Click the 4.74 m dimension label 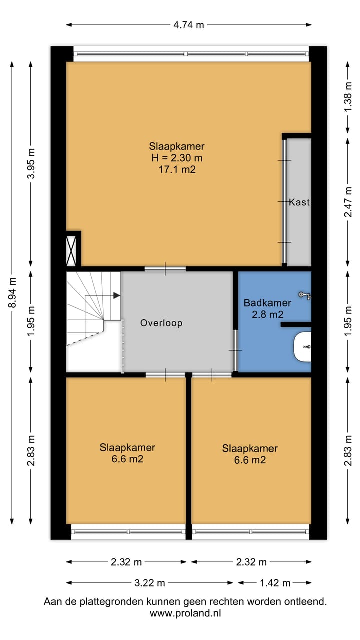click(x=189, y=25)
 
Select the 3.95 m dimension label click(x=31, y=163)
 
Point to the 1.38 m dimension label click(x=348, y=97)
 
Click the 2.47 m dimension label click(x=348, y=202)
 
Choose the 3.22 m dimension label click(x=150, y=583)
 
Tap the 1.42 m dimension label click(x=275, y=583)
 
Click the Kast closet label click(x=299, y=202)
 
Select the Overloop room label click(x=161, y=323)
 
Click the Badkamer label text click(x=267, y=303)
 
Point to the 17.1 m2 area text click(x=177, y=169)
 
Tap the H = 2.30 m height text click(x=177, y=158)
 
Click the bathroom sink click(x=302, y=347)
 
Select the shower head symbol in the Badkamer click(x=305, y=295)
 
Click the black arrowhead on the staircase click(x=116, y=295)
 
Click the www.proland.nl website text click(x=185, y=613)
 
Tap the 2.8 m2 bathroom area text click(x=267, y=314)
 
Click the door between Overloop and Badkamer click(x=235, y=350)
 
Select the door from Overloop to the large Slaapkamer click(x=165, y=269)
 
